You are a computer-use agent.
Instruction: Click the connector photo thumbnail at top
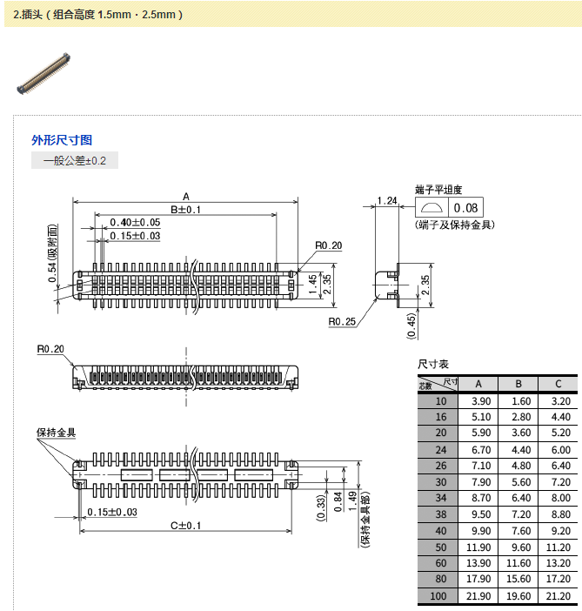point(44,74)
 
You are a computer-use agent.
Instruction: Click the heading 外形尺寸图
point(62,139)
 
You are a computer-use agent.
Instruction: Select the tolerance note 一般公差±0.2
point(74,160)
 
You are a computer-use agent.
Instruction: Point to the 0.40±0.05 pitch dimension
point(135,223)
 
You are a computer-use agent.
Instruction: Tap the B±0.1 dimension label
point(185,210)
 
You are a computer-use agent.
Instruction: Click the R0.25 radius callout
point(342,321)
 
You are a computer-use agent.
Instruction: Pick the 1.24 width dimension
point(387,201)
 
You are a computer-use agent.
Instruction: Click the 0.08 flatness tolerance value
point(466,208)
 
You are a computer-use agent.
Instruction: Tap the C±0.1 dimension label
point(185,525)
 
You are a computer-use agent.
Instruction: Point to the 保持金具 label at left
point(57,433)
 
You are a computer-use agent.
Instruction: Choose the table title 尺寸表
point(433,364)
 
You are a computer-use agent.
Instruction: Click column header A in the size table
point(478,384)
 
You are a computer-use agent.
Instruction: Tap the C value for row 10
point(559,400)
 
